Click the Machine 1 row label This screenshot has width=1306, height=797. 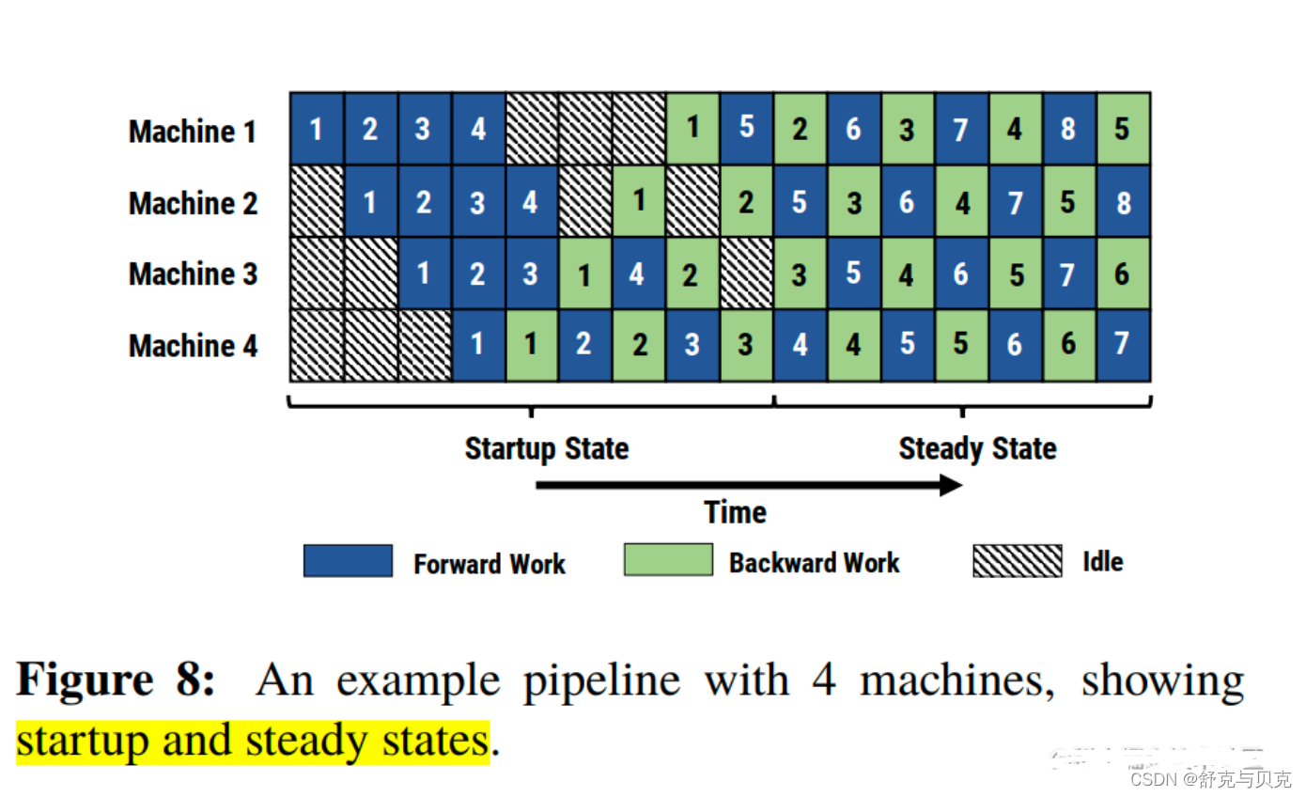pyautogui.click(x=193, y=132)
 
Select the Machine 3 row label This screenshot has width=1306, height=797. pyautogui.click(x=193, y=273)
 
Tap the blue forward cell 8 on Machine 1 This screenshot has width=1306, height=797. pyautogui.click(x=1069, y=129)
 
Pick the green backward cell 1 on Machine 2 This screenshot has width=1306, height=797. pyautogui.click(x=639, y=200)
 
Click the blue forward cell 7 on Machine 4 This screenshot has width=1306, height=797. pyautogui.click(x=1123, y=344)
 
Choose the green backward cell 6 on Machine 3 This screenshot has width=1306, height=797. pyautogui.click(x=1123, y=273)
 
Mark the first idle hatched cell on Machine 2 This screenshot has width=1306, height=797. pyautogui.click(x=317, y=201)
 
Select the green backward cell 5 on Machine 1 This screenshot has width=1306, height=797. pyautogui.click(x=1123, y=129)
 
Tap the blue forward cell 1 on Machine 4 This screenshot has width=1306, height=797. pyautogui.click(x=478, y=344)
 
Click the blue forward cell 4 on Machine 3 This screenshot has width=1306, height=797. pyautogui.click(x=639, y=273)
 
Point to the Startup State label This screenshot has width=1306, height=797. pyautogui.click(x=547, y=448)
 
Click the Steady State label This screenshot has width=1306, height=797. pyautogui.click(x=977, y=448)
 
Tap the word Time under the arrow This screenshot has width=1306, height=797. pyautogui.click(x=735, y=512)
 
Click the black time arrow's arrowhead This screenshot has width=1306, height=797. pyautogui.click(x=951, y=485)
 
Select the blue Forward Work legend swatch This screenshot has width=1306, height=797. pyautogui.click(x=348, y=560)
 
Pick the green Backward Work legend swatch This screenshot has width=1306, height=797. pyautogui.click(x=668, y=560)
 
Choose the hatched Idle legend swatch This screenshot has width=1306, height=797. pyautogui.click(x=1018, y=560)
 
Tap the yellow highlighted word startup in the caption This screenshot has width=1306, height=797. pyautogui.click(x=83, y=742)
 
